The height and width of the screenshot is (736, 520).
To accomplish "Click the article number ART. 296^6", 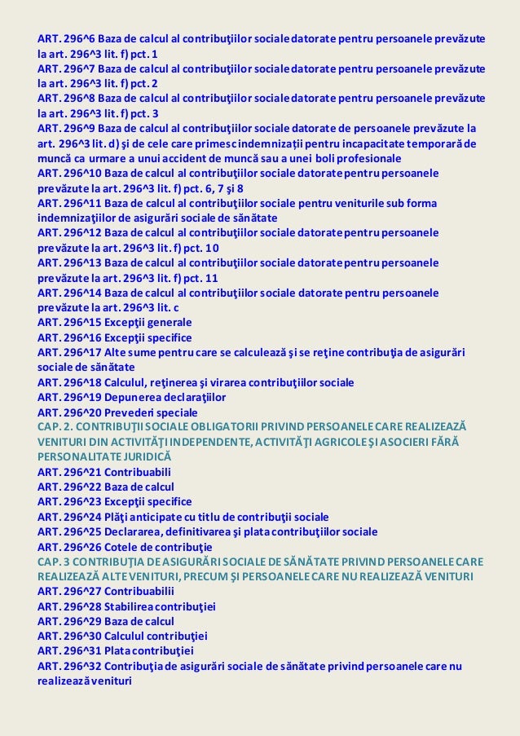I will click(x=67, y=39).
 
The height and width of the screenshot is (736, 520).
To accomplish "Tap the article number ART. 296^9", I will click(x=67, y=128).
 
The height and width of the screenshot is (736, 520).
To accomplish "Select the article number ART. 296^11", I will click(x=70, y=202).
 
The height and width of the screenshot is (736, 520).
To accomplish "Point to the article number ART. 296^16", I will click(x=70, y=337).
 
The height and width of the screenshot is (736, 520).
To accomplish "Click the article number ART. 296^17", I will click(x=70, y=352).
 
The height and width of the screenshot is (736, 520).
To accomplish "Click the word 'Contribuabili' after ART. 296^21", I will click(x=140, y=471).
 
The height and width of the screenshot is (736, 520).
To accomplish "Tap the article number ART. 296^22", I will click(x=70, y=487).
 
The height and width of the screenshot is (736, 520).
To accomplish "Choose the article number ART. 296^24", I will click(x=70, y=517).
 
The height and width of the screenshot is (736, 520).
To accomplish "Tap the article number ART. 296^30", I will click(x=70, y=636).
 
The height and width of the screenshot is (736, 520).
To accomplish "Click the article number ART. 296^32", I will click(x=70, y=666).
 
